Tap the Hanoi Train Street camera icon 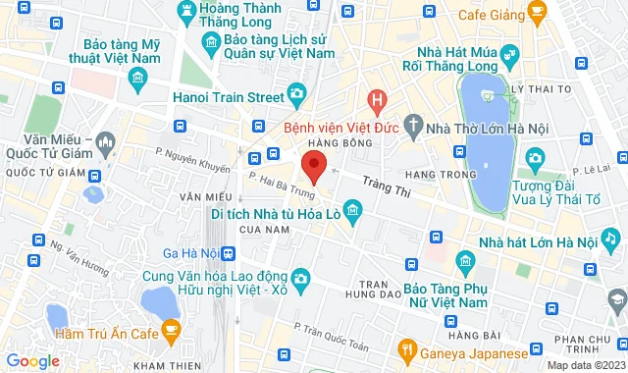(296, 94)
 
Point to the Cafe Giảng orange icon (536, 12)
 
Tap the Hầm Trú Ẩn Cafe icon (172, 330)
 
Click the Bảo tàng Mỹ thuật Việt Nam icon (135, 75)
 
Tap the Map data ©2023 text (585, 365)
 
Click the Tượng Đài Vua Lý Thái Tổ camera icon (534, 157)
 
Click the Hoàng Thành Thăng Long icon (183, 10)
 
